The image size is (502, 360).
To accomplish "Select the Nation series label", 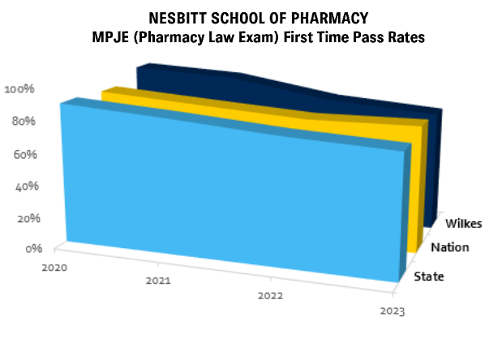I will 449,247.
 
